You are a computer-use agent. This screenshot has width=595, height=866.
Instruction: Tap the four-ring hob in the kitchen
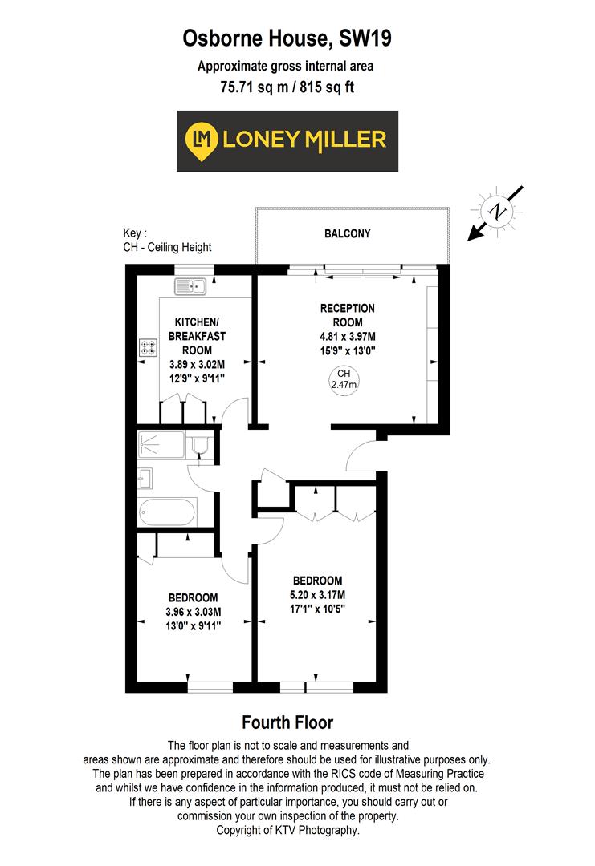tap(149, 348)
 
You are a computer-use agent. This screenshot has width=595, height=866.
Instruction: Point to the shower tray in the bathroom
tap(161, 444)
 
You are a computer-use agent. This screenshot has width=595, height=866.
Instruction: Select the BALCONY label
tap(347, 234)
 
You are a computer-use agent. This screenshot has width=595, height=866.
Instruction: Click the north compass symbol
tap(499, 212)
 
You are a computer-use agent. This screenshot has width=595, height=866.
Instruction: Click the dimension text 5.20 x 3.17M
tap(318, 594)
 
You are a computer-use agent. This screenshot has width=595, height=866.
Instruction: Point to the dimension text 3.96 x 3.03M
tap(193, 612)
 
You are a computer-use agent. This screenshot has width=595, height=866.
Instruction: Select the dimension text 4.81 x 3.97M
tap(347, 337)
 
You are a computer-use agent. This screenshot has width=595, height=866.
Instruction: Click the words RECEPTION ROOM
tap(347, 315)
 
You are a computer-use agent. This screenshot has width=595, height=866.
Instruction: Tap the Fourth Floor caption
tap(287, 722)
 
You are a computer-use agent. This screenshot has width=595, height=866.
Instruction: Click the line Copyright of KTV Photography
tap(287, 831)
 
